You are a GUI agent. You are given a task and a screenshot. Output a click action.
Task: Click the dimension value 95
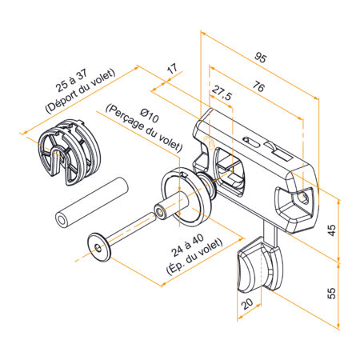[260, 58]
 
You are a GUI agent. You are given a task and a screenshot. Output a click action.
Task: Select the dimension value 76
[258, 86]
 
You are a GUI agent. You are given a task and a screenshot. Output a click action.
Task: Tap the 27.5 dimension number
[222, 93]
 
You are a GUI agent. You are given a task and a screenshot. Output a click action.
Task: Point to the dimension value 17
[172, 69]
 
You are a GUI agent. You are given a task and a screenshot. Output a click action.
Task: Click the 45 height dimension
[331, 230]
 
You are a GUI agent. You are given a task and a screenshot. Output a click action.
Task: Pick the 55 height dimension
[331, 293]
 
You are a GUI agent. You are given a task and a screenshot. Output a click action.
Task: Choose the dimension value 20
[247, 303]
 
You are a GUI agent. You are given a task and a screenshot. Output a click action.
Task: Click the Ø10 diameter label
[150, 115]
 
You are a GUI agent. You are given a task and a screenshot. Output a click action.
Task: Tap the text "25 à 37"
[71, 81]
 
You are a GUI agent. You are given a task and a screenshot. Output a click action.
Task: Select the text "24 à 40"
[187, 246]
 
